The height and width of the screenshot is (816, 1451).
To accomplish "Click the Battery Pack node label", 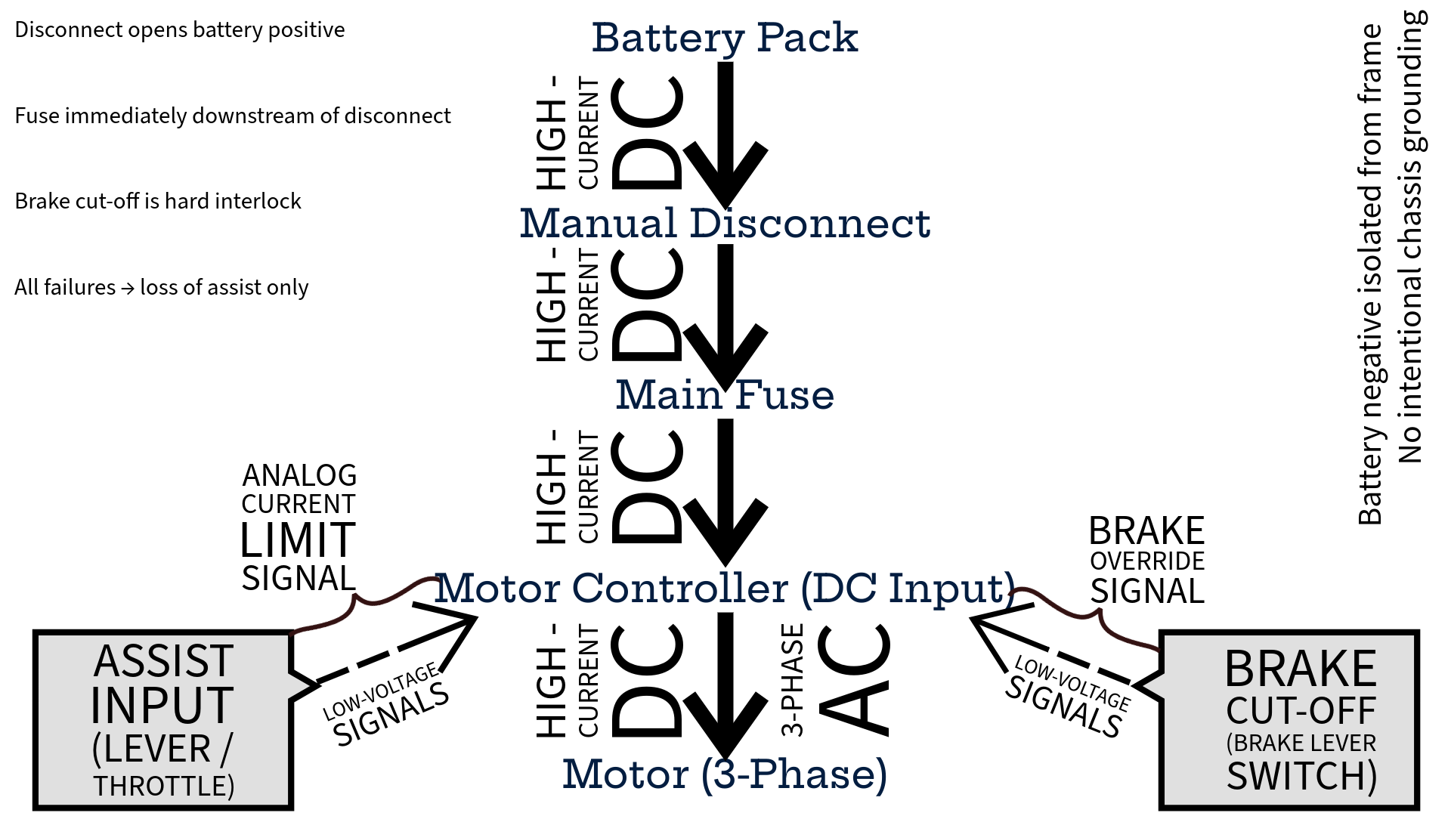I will pyautogui.click(x=725, y=38).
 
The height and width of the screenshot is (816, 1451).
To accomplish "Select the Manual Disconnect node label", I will pyautogui.click(x=725, y=224).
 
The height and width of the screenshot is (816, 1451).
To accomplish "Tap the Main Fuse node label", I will pyautogui.click(x=725, y=395).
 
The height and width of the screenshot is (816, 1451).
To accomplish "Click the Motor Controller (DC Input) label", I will pyautogui.click(x=725, y=589).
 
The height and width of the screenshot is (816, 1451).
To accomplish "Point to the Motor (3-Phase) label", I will pyautogui.click(x=725, y=774).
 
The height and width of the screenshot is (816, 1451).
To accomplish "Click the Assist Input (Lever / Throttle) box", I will pyautogui.click(x=162, y=720).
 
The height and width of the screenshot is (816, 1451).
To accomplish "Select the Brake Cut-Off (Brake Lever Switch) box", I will pyautogui.click(x=1289, y=720).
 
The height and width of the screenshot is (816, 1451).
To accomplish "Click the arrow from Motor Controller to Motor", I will pyautogui.click(x=725, y=680).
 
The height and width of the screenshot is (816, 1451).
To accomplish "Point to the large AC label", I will pyautogui.click(x=854, y=680).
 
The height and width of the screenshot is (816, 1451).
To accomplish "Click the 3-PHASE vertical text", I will pyautogui.click(x=791, y=680).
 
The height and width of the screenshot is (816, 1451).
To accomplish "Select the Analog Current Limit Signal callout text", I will pyautogui.click(x=299, y=527).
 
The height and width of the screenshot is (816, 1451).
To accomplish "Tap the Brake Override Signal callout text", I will pyautogui.click(x=1146, y=561).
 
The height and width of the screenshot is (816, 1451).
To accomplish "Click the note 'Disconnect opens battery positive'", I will pyautogui.click(x=180, y=30).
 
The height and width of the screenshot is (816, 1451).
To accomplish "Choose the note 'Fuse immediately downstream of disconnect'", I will pyautogui.click(x=233, y=116).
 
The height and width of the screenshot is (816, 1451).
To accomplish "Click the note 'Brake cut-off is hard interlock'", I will pyautogui.click(x=158, y=202).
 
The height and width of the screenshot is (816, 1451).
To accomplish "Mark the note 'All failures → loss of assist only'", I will pyautogui.click(x=162, y=287).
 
